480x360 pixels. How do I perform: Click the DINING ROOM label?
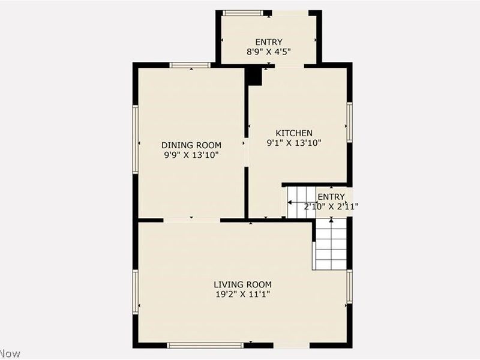click(191, 145)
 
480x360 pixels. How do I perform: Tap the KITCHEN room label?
click(294, 133)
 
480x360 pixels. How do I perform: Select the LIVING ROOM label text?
click(243, 284)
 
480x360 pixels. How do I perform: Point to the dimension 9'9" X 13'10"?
click(191, 155)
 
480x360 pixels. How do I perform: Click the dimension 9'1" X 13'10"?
click(294, 143)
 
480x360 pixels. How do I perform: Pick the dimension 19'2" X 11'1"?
click(243, 295)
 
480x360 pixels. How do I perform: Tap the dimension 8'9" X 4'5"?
click(269, 52)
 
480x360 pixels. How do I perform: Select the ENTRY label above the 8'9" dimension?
click(269, 41)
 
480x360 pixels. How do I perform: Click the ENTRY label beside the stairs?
click(331, 197)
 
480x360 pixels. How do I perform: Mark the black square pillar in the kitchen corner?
click(254, 76)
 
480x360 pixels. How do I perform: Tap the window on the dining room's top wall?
click(190, 65)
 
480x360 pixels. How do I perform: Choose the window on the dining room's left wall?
click(136, 139)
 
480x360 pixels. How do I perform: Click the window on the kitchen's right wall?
click(349, 122)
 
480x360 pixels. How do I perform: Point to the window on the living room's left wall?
click(136, 292)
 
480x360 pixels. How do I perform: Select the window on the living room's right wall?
click(349, 286)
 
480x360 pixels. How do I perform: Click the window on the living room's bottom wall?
click(205, 345)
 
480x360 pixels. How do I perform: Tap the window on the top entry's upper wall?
click(243, 13)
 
